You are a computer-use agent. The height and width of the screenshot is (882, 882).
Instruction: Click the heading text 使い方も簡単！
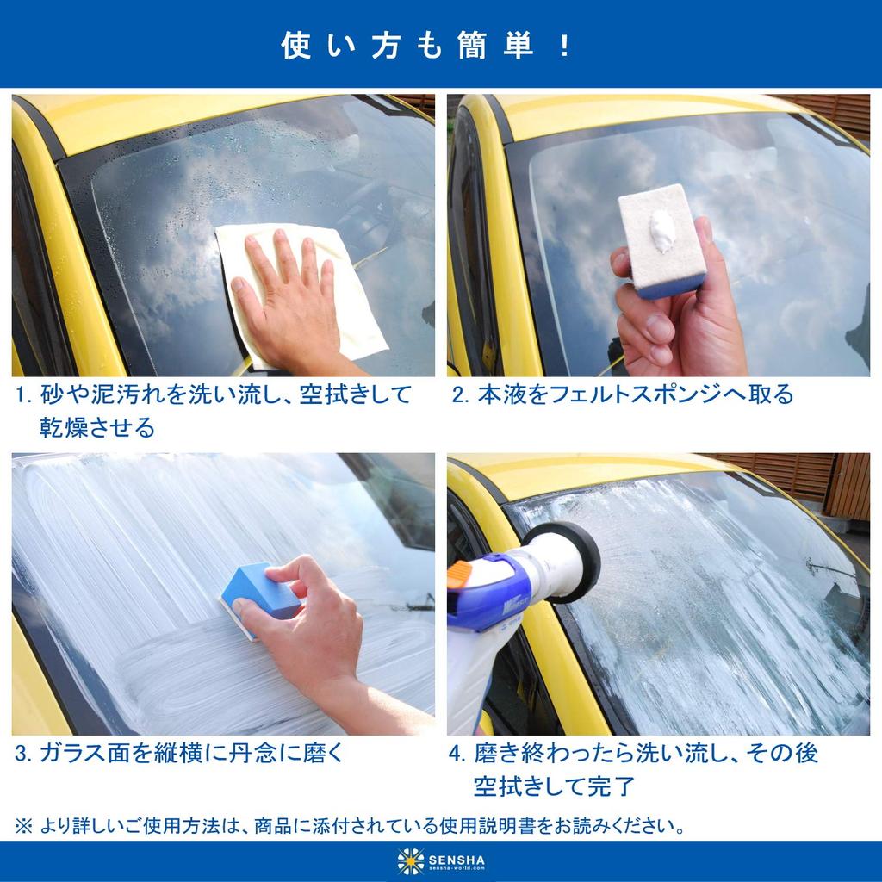(x=427, y=46)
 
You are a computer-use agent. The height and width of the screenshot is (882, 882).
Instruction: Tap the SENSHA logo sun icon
(x=411, y=860)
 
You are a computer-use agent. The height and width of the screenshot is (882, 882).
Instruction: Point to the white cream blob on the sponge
(x=663, y=231)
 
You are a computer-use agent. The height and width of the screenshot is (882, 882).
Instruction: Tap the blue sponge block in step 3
(x=258, y=593)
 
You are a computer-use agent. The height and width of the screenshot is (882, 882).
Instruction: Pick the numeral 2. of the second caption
(x=460, y=395)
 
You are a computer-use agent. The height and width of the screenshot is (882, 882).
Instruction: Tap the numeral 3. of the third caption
(x=24, y=754)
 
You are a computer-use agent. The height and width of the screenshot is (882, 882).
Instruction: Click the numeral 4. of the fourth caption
(x=457, y=754)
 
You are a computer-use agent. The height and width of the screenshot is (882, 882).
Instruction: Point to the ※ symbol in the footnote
(x=23, y=826)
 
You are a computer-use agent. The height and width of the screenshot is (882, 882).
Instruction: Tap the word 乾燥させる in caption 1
(x=97, y=427)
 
